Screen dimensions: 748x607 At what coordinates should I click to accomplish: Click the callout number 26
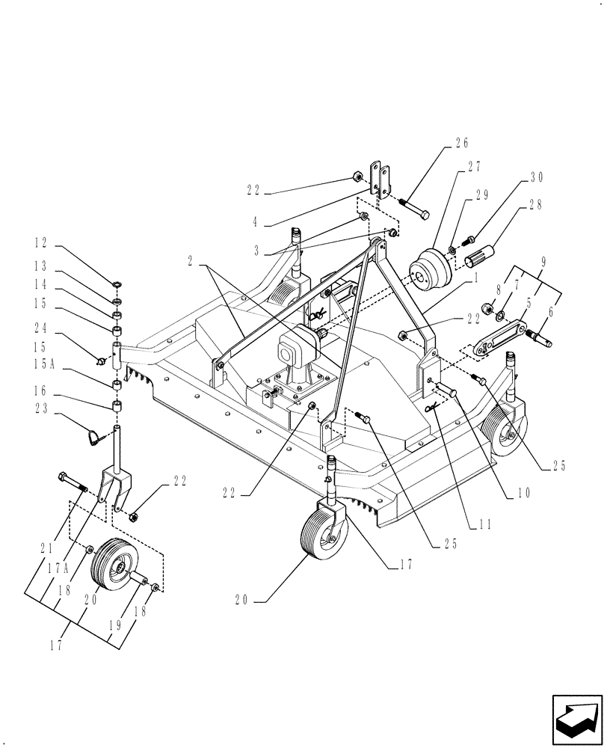point(460,144)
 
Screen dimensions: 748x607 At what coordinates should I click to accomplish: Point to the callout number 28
point(535,203)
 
